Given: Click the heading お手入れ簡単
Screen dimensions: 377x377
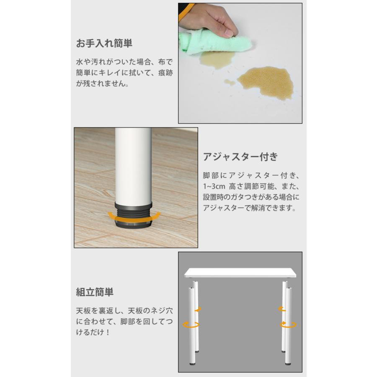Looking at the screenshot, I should click(103, 44).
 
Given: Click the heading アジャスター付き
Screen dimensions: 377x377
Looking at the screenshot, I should click(240, 157).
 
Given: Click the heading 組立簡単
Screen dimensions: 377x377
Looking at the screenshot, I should click(94, 292).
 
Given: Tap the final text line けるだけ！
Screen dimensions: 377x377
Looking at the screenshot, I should click(93, 334).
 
